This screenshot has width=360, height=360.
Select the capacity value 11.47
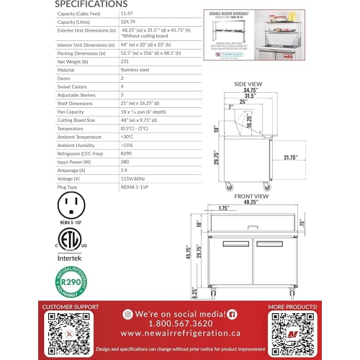(x=126, y=14)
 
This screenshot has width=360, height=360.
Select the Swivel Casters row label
(x=75, y=86)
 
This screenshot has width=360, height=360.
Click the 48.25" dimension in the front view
(x=251, y=202)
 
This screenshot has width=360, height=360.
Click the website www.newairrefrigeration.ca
(x=180, y=333)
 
